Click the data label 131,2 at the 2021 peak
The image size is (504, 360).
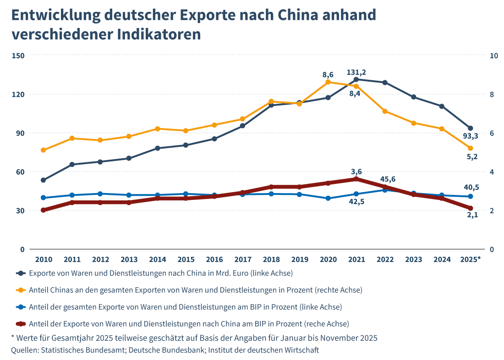[x=356, y=72]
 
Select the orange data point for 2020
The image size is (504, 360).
[x=328, y=82]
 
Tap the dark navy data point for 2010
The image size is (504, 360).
[x=44, y=180]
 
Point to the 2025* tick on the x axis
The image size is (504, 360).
[x=470, y=260]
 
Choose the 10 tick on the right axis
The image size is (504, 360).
[x=494, y=55]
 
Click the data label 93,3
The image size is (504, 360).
[x=470, y=136]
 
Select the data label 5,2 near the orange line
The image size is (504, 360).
[x=472, y=157]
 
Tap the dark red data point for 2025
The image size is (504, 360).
[x=470, y=208]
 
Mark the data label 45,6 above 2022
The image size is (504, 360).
[x=388, y=179]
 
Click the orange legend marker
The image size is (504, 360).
[x=20, y=290]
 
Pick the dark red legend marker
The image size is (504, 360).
[x=20, y=324]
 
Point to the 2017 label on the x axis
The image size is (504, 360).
[x=243, y=260]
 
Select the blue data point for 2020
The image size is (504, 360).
[x=328, y=198]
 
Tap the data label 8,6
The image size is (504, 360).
[x=328, y=74]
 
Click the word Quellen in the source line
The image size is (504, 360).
[x=25, y=350]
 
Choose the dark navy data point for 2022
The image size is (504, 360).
[x=385, y=83]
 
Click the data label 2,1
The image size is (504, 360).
[x=472, y=215]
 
